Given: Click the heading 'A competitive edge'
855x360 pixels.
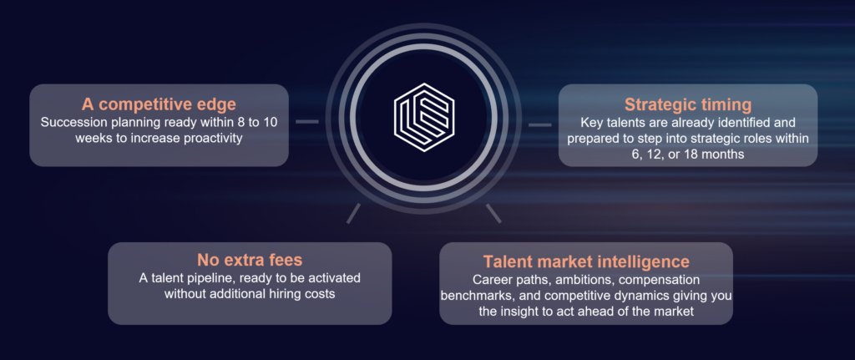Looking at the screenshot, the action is click(x=159, y=104).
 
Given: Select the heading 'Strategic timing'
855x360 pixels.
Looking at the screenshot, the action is click(x=688, y=104).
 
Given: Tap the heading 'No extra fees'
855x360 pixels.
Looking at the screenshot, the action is click(x=250, y=259).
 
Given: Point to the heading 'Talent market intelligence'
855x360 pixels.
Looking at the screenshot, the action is click(x=586, y=261).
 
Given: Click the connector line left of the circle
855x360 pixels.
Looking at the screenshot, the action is click(x=307, y=122).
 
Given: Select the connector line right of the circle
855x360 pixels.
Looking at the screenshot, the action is click(x=540, y=125).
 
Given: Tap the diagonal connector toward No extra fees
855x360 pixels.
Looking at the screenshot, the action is click(x=353, y=213).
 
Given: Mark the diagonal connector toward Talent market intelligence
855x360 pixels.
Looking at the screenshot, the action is click(x=493, y=213).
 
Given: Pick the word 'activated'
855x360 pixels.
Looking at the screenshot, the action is click(x=335, y=277).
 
